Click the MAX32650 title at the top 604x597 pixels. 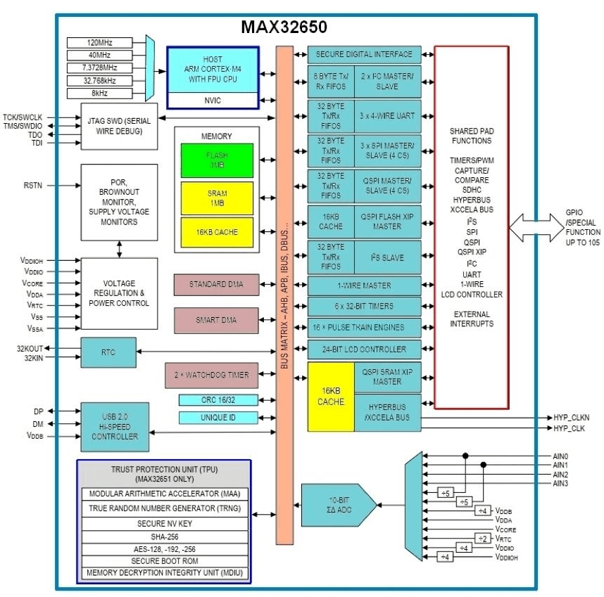click(x=284, y=27)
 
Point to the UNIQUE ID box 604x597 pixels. click(x=218, y=418)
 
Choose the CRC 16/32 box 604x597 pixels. click(x=218, y=400)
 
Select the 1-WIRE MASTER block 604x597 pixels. click(x=364, y=285)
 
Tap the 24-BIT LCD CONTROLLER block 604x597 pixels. click(x=364, y=349)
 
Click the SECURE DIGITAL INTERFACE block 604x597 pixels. click(x=364, y=55)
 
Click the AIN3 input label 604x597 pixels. click(x=560, y=484)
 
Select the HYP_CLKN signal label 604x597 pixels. click(x=571, y=418)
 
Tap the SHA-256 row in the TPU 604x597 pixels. click(x=163, y=536)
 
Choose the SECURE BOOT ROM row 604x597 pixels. click(x=163, y=561)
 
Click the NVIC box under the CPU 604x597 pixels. click(x=213, y=101)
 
